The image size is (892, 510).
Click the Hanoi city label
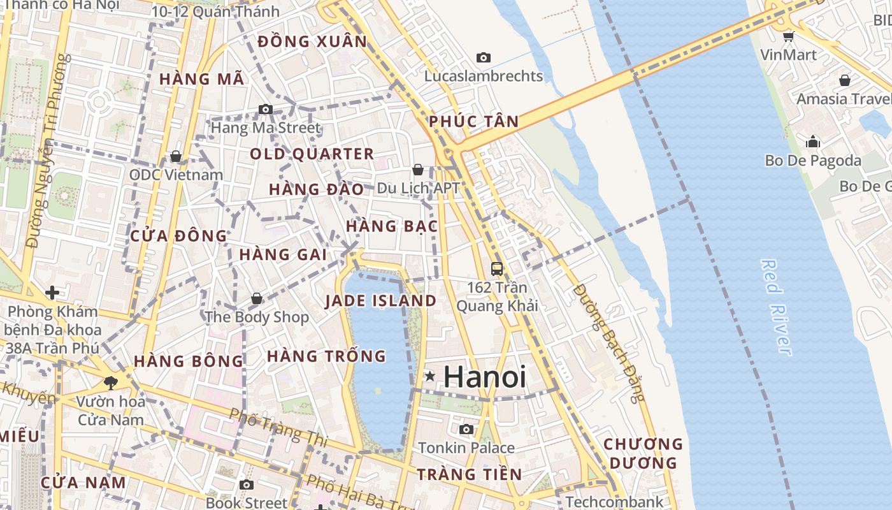pos(485,377)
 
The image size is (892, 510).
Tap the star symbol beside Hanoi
pos(431,376)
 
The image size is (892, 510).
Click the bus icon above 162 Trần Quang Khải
pos(497,269)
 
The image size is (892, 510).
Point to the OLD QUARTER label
pos(312,154)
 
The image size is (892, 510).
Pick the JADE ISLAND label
pos(381,301)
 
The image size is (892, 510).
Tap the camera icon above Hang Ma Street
pos(266,110)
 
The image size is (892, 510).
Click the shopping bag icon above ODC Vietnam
pos(176,156)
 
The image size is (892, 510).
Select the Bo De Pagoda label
pos(813,161)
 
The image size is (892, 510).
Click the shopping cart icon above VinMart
pos(788,36)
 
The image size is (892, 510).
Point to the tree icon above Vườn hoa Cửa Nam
pos(111,382)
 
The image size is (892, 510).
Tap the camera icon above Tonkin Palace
pos(466,430)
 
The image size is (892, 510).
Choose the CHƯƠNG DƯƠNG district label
pos(642,453)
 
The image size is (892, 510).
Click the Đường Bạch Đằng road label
pos(608,343)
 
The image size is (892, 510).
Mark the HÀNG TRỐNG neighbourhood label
pos(326,356)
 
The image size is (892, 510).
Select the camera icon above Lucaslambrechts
pos(484,58)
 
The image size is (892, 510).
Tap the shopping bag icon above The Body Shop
pos(257,298)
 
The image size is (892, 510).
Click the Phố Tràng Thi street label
pos(278,428)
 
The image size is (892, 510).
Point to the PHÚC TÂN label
pos(473,121)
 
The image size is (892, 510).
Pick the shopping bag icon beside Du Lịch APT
pos(418,170)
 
